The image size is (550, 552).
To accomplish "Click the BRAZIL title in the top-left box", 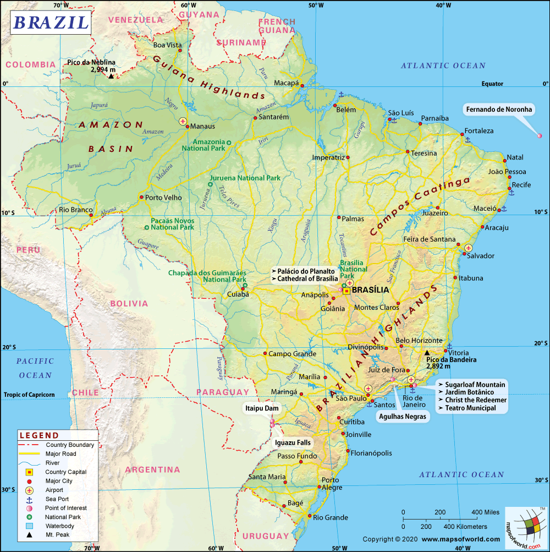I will pyautogui.click(x=51, y=23).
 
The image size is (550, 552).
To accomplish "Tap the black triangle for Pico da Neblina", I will pyautogui.click(x=111, y=76).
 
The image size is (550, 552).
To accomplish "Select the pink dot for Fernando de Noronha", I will pyautogui.click(x=540, y=135).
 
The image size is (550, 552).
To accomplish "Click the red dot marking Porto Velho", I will pyautogui.click(x=141, y=197).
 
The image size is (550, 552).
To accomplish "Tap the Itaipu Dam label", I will pyautogui.click(x=263, y=408).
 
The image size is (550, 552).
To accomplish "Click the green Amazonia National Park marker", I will pyautogui.click(x=229, y=143).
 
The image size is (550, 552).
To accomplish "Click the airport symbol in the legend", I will pyautogui.click(x=30, y=490).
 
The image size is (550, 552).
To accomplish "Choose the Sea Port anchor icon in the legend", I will pyautogui.click(x=30, y=499).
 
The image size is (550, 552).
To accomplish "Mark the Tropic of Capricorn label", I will pyautogui.click(x=29, y=395).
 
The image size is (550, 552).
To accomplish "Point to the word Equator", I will pyautogui.click(x=492, y=84).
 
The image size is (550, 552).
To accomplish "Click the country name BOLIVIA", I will pyautogui.click(x=129, y=303).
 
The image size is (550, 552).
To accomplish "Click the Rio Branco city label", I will pyautogui.click(x=74, y=210).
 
